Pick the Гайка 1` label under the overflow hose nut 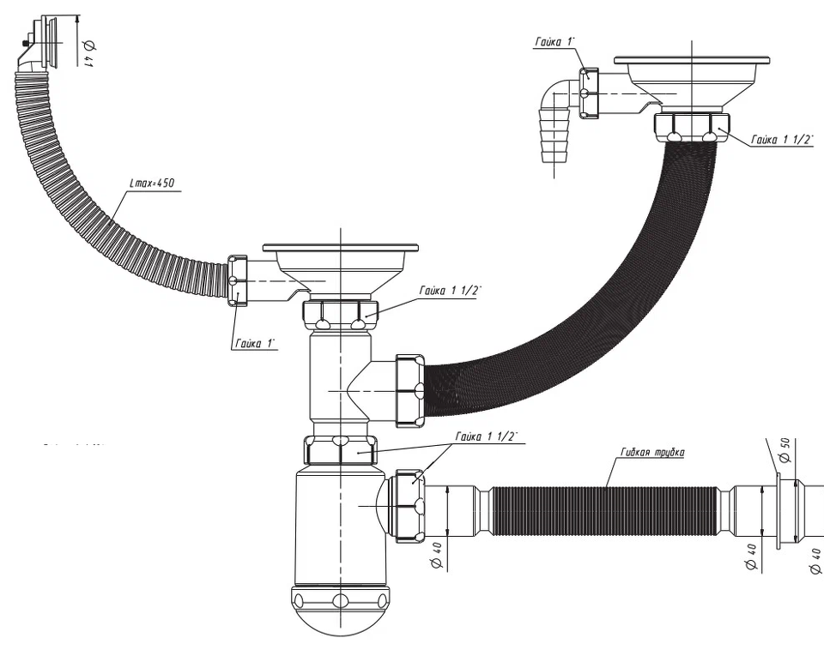(253, 343)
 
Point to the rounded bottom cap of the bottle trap (341, 613)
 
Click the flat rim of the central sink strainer (341, 247)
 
